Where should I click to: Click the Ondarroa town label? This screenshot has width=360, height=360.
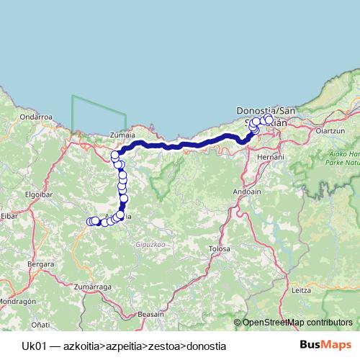tap(34, 116)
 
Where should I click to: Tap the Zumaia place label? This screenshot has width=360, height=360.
tap(121, 134)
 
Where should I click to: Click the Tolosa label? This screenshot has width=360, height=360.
tap(219, 248)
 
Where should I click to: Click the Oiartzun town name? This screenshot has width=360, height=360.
tap(332, 131)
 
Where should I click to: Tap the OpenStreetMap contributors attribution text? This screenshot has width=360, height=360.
tap(297, 323)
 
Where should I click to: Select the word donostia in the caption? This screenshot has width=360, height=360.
tap(206, 346)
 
